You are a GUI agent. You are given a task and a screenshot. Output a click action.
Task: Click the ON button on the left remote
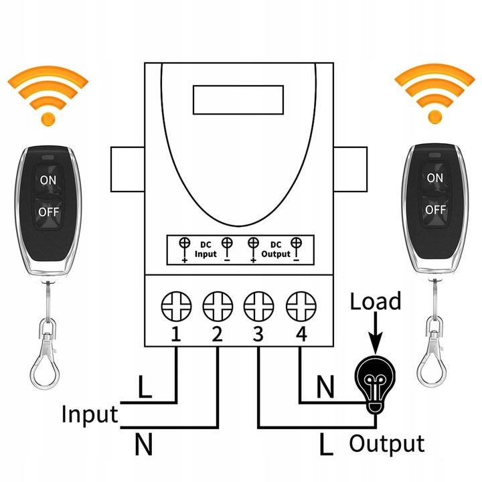(x=48, y=179)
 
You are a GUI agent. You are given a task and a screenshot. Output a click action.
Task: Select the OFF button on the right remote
(x=434, y=210)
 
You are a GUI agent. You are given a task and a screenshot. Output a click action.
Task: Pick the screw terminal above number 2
(x=216, y=308)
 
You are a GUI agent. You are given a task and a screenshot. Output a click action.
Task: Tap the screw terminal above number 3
(x=258, y=308)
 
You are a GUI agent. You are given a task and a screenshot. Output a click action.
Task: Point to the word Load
(x=376, y=301)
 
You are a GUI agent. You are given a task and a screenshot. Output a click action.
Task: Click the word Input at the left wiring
(x=89, y=414)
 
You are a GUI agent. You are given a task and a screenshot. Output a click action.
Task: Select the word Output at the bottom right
(x=386, y=444)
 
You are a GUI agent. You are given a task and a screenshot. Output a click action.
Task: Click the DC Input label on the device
(x=206, y=249)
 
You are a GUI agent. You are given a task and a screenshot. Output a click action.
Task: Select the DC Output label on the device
(x=276, y=249)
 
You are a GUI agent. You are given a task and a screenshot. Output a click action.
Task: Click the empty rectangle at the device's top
(x=240, y=100)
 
